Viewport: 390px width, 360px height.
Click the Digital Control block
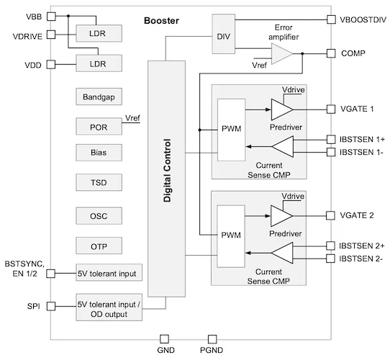[167, 178]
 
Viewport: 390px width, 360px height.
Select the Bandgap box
[99, 96]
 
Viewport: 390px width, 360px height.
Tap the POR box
[99, 126]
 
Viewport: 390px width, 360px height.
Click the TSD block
[99, 184]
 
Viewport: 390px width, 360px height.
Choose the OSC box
[99, 215]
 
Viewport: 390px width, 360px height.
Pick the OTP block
[99, 246]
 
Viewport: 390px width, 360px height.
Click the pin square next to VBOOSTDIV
[331, 19]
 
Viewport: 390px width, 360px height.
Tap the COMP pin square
[331, 53]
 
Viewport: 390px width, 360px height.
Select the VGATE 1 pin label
[357, 109]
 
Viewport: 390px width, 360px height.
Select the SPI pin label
[33, 307]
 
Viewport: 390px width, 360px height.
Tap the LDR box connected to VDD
[99, 64]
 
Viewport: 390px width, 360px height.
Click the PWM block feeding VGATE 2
[231, 234]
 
